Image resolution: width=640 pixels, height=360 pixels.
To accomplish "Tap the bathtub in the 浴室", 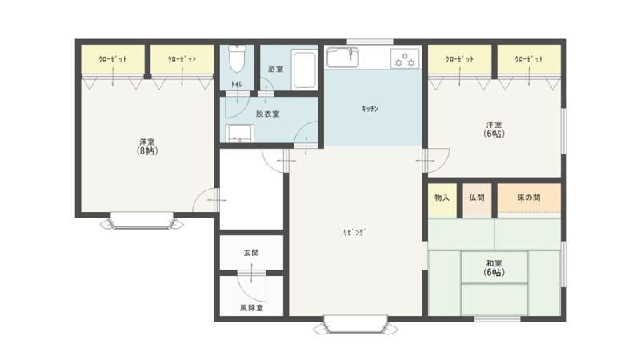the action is tap(304, 70).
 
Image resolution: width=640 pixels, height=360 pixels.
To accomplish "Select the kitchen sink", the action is tap(343, 57).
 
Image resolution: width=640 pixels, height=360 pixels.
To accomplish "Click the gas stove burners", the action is tap(405, 58).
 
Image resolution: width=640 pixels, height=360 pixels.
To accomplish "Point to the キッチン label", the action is tap(370, 109).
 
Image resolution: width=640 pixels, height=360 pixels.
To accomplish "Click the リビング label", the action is tap(354, 233).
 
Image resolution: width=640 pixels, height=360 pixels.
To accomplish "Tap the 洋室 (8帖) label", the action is tap(147, 146).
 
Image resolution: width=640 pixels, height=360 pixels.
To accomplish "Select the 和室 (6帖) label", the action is tap(494, 268).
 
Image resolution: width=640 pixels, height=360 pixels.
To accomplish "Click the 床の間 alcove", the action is tap(529, 198).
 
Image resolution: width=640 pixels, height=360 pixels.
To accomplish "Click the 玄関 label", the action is tap(251, 253).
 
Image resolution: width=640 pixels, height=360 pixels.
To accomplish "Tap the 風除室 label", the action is tap(251, 308).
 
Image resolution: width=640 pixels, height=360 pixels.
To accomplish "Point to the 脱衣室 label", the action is tap(268, 114).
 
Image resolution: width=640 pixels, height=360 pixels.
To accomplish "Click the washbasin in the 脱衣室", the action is tap(240, 133).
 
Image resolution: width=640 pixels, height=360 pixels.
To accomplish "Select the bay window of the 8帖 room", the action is tap(142, 221).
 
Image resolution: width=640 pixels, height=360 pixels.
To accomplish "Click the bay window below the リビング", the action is tap(355, 324).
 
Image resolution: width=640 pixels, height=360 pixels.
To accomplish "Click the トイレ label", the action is tap(237, 85).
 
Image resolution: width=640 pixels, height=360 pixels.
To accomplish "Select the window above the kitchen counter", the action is tap(370, 42).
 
